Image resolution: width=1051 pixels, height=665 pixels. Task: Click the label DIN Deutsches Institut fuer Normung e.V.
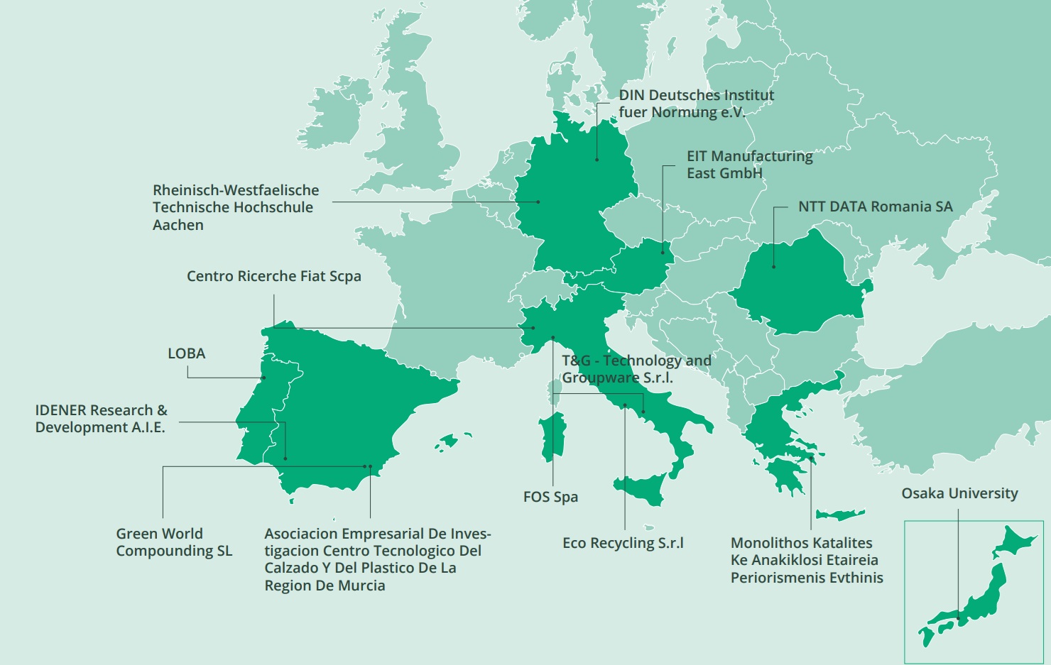[x=696, y=104]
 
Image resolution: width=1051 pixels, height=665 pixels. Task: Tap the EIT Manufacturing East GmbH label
[x=749, y=165]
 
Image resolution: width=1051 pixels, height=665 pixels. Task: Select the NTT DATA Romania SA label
[x=875, y=207]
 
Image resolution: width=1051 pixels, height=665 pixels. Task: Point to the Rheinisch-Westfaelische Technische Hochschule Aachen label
[x=235, y=207]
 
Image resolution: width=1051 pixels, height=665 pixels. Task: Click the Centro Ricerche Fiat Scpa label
[x=273, y=276]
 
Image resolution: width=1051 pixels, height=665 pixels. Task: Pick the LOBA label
[x=186, y=353]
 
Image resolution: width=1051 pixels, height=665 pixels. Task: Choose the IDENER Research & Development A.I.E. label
[x=101, y=419]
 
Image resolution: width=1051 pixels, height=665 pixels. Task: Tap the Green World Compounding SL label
[x=173, y=542]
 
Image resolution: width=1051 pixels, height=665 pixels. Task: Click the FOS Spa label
[x=550, y=497]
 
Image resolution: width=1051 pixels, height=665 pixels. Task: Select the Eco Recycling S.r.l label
[x=623, y=543]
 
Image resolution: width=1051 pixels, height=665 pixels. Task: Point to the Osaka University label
[x=959, y=493]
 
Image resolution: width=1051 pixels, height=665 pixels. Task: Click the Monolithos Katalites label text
[x=801, y=543]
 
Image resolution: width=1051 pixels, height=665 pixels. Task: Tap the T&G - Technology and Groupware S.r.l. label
[x=636, y=369]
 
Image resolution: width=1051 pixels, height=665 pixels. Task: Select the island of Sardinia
[x=552, y=436]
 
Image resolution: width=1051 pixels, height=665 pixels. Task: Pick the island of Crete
[x=839, y=514]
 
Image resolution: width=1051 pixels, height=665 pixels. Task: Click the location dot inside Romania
[x=774, y=267]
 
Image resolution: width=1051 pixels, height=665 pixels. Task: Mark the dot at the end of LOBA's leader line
[x=263, y=378]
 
